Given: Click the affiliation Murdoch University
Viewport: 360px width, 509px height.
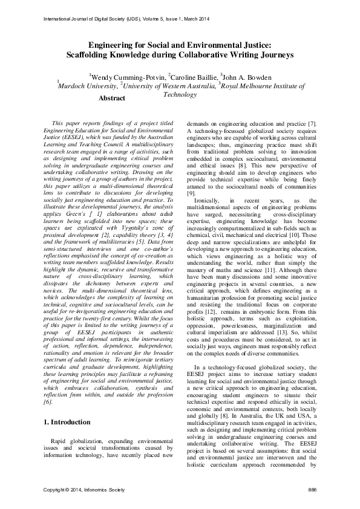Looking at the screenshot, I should point(87,86).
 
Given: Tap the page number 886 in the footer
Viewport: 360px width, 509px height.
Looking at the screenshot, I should point(312,488).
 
